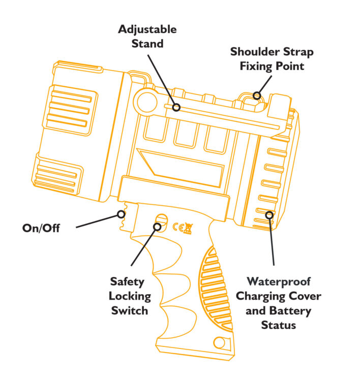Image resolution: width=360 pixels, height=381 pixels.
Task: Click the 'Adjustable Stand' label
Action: tap(147, 36)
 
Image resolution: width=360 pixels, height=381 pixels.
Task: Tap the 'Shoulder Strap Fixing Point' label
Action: tap(272, 59)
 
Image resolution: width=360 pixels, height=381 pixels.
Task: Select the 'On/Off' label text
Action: tap(41, 228)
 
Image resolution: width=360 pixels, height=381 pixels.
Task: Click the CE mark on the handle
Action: tap(178, 227)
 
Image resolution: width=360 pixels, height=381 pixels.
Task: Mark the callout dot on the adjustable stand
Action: tap(176, 107)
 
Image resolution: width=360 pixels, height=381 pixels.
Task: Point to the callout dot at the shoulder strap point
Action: tap(257, 95)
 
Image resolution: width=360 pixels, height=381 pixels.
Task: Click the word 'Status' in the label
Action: tap(278, 325)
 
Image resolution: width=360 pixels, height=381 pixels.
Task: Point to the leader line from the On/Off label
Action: tap(97, 221)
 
